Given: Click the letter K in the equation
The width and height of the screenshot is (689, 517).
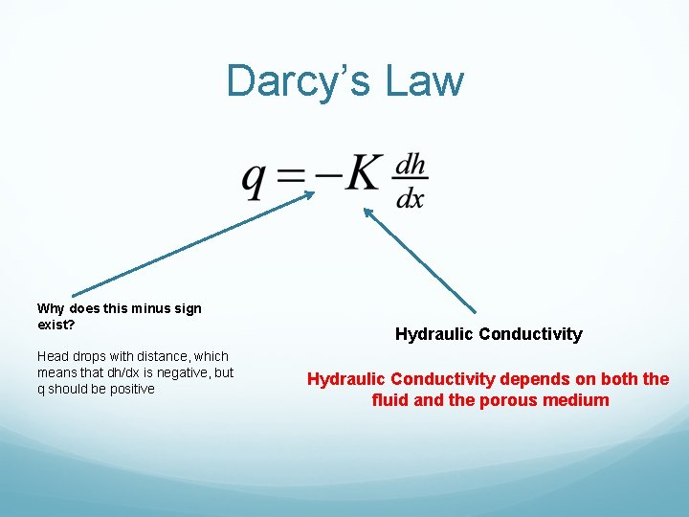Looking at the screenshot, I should pyautogui.click(x=364, y=174).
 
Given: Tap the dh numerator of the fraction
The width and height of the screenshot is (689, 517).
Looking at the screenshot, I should pyautogui.click(x=411, y=165).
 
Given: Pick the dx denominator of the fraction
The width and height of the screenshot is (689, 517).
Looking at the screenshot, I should pyautogui.click(x=411, y=199).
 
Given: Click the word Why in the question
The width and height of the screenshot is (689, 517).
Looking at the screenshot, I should pyautogui.click(x=51, y=308).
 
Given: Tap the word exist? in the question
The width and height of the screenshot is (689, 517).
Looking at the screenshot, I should pyautogui.click(x=56, y=325).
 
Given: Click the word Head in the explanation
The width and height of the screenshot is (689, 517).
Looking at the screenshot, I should pyautogui.click(x=55, y=356).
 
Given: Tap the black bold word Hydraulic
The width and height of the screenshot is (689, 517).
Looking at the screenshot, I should pyautogui.click(x=433, y=334).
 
